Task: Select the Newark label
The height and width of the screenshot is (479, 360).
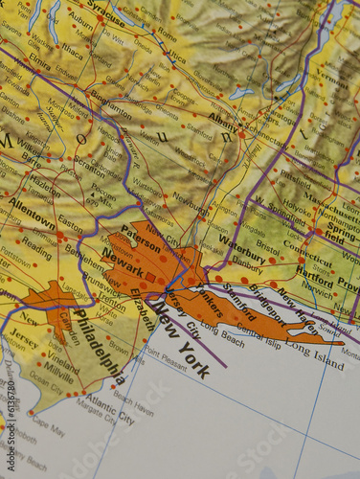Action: click(x=123, y=257)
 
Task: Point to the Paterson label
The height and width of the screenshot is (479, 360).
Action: click(x=141, y=237)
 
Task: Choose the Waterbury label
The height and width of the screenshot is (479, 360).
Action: click(x=247, y=255)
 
